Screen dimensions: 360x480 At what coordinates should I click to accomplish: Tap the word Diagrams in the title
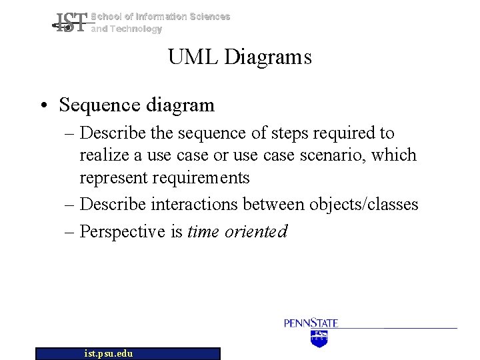[268, 58]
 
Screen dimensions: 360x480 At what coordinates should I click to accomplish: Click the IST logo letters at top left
[71, 24]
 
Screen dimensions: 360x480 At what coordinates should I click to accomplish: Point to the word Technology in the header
[135, 29]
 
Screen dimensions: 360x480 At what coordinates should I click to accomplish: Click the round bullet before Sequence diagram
[45, 106]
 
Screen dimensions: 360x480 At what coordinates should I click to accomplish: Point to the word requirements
[201, 178]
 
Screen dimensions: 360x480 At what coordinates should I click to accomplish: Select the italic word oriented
[256, 231]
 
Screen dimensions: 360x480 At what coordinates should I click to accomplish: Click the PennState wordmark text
[311, 323]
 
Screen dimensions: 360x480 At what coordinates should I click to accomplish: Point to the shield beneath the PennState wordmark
[320, 339]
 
